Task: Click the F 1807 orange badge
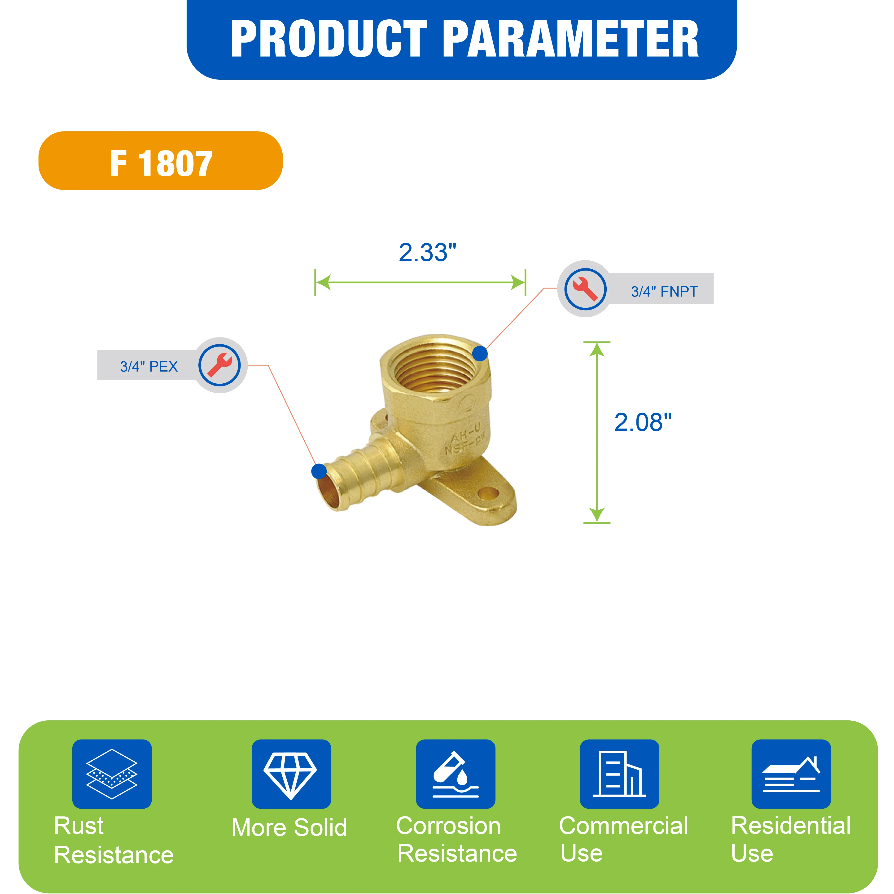(x=161, y=161)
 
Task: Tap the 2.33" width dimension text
(x=428, y=253)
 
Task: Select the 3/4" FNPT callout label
(x=664, y=292)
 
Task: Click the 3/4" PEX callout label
(x=149, y=367)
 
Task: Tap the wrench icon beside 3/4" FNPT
(x=585, y=289)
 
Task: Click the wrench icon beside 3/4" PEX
(x=219, y=365)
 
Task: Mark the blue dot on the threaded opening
(x=480, y=354)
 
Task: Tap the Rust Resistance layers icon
(x=112, y=774)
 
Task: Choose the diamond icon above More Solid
(x=291, y=774)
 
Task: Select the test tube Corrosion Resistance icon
(x=455, y=774)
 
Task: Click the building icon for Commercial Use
(x=620, y=774)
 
